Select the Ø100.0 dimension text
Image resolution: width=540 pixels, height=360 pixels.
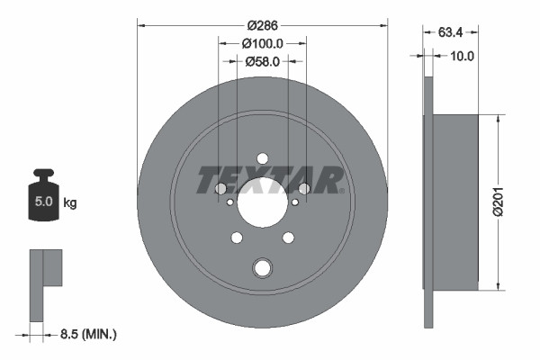tap(263, 42)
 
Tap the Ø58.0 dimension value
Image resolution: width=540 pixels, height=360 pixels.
tap(263, 61)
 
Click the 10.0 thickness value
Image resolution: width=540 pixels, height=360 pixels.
tap(463, 56)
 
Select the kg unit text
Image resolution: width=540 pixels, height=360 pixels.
tap(70, 202)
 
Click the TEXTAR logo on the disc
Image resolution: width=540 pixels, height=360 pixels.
tap(270, 180)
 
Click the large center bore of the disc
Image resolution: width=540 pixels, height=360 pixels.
tap(262, 200)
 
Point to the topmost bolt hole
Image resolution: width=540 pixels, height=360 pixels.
tap(262, 158)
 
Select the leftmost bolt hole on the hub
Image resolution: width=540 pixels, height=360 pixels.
tap(220, 188)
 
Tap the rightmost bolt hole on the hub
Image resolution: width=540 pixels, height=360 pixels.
tap(303, 188)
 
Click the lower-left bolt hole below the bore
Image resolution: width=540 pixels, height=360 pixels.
tap(237, 238)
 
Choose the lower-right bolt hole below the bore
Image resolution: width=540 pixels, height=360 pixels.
tap(288, 238)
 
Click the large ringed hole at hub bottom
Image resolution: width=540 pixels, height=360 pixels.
tap(262, 267)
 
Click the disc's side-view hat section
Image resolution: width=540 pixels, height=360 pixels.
tap(454, 202)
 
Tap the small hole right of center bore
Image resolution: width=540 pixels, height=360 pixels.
tap(293, 202)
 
